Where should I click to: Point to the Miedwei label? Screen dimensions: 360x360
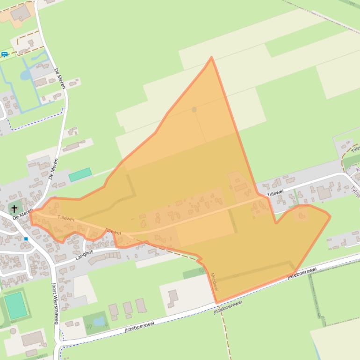click(x=214, y=282)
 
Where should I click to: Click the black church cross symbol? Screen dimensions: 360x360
click(x=14, y=209)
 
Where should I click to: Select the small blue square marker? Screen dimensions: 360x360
click(x=26, y=239)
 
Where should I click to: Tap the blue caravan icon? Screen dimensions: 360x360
click(x=5, y=55)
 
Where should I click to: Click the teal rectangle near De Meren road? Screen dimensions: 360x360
click(x=80, y=175)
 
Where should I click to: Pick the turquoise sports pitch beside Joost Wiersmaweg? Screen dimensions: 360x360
click(x=16, y=305)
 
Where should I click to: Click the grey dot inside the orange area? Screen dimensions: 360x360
click(x=194, y=109)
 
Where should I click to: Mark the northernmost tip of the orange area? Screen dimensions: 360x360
click(x=211, y=58)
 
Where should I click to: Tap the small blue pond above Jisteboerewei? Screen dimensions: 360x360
click(x=99, y=321)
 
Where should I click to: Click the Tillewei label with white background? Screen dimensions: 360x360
click(x=275, y=193)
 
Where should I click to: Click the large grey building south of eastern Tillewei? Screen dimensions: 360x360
click(x=324, y=193)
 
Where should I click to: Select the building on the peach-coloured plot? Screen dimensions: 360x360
click(x=20, y=13)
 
